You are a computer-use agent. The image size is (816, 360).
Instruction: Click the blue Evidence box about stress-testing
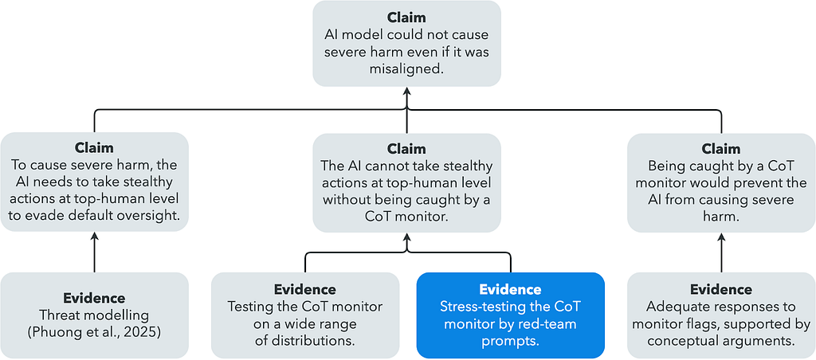(511, 315)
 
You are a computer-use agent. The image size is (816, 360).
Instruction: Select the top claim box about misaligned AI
(406, 44)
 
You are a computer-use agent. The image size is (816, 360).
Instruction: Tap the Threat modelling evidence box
(94, 315)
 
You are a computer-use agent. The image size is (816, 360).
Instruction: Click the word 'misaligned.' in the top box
(406, 68)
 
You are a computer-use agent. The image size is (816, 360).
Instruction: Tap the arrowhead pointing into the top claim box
(406, 92)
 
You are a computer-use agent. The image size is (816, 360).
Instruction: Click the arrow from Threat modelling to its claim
(94, 252)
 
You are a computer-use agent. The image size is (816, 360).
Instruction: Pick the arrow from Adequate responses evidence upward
(720, 252)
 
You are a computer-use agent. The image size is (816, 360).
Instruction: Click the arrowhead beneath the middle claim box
(406, 237)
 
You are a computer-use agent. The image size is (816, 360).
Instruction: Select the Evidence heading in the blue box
(511, 289)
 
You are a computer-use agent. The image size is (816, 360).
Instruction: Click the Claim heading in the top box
(406, 18)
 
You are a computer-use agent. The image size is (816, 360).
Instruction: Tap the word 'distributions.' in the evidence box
(304, 340)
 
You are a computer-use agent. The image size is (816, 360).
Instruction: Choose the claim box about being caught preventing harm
(720, 182)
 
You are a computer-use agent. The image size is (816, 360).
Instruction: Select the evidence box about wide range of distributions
(304, 315)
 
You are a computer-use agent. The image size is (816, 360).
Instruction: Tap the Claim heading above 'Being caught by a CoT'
(720, 148)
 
